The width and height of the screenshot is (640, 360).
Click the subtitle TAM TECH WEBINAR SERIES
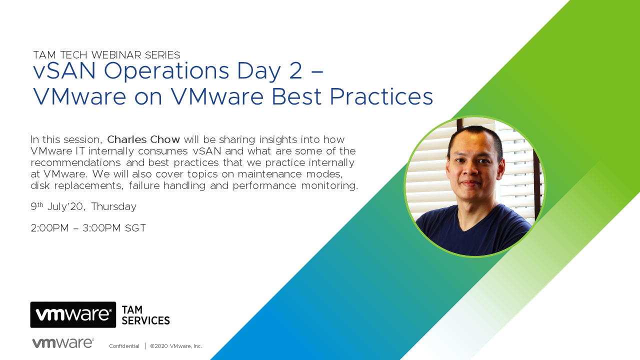(106, 55)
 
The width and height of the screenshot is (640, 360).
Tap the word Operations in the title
(166, 71)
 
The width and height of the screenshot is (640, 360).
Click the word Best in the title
(296, 96)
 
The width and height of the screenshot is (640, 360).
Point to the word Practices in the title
(381, 96)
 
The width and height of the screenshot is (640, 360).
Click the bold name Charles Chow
(143, 139)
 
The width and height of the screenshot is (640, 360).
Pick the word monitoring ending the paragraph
(329, 185)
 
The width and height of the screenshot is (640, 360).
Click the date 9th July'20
(57, 206)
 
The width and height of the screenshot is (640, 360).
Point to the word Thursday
(113, 206)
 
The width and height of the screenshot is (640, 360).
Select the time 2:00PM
(49, 228)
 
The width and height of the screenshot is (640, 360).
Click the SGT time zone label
(135, 228)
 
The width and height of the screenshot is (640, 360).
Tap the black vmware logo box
(73, 314)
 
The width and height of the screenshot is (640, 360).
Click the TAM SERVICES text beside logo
(145, 315)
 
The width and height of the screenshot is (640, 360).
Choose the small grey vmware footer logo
(63, 343)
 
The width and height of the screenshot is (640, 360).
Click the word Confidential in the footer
(124, 346)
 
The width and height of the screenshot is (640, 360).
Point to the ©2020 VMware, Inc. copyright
(176, 346)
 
